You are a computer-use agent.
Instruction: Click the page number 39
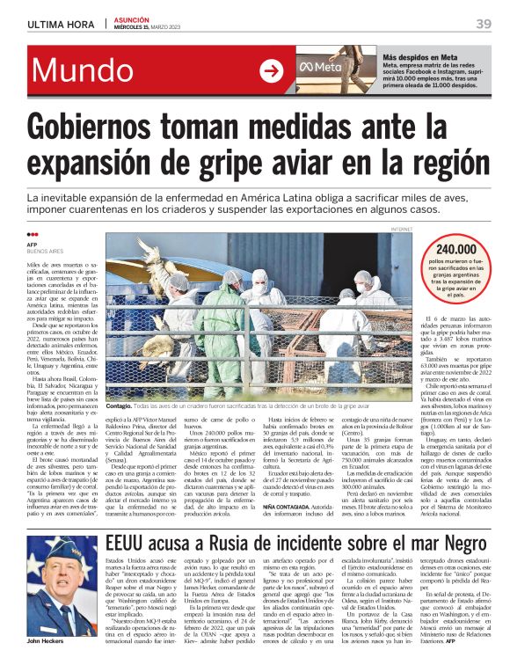point(483,24)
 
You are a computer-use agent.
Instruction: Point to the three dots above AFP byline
point(33,234)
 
